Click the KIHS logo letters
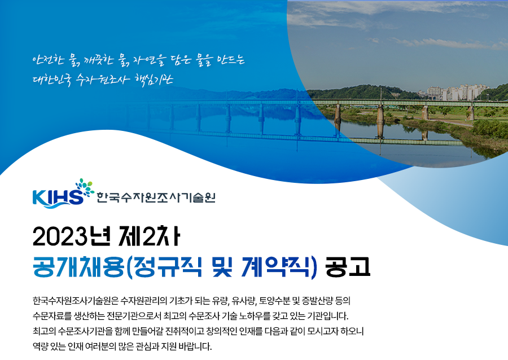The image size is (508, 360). tap(58, 197)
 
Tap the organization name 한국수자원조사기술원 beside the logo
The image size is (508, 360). tap(156, 197)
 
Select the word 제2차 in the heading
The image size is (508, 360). tap(150, 236)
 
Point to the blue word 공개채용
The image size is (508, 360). tap(78, 267)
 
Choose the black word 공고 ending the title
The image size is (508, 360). tap(348, 267)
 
